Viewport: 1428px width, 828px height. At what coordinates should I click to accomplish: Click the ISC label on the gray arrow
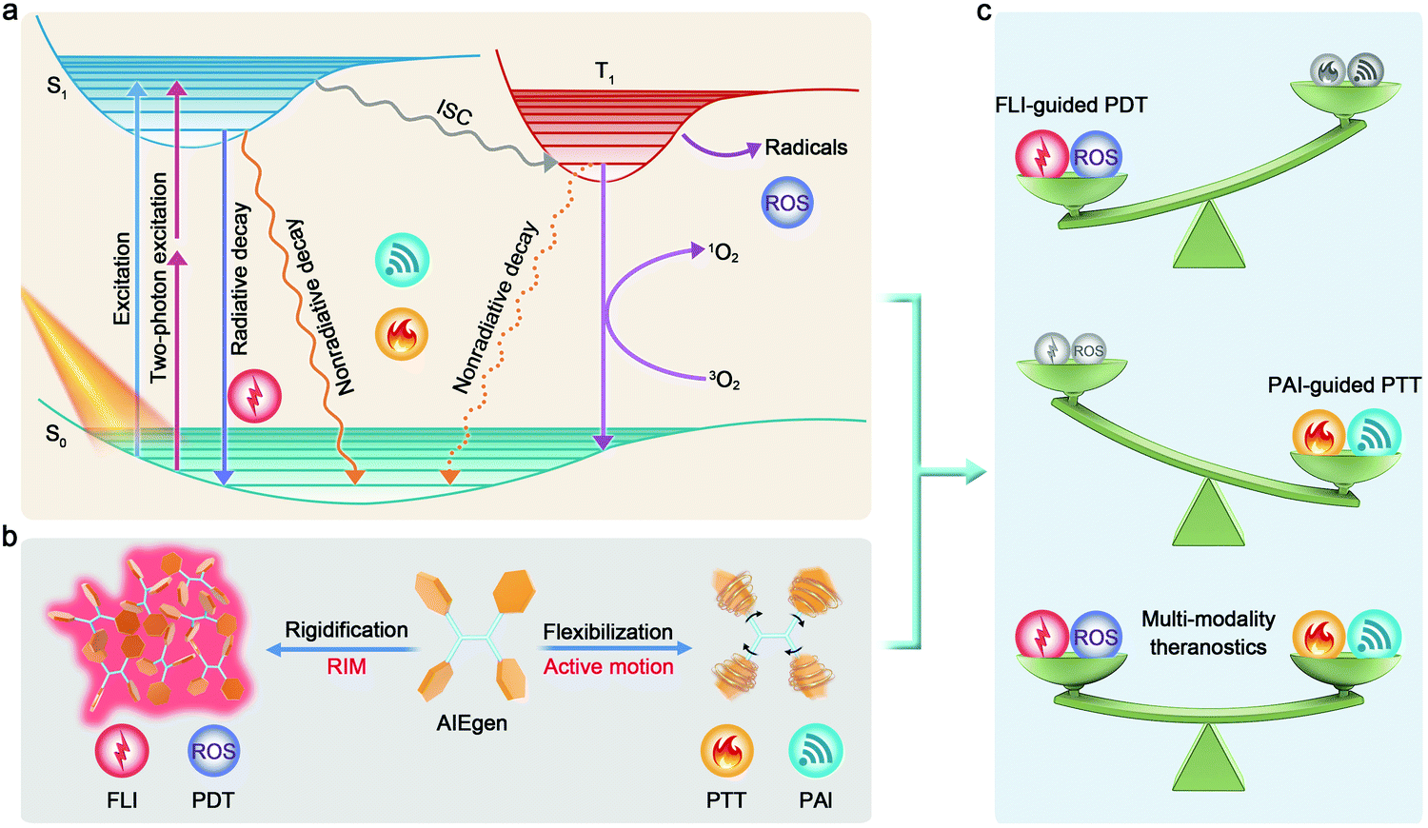pyautogui.click(x=455, y=112)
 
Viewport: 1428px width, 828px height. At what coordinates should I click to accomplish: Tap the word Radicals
pyautogui.click(x=805, y=148)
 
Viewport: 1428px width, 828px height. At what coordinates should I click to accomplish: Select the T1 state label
pyautogui.click(x=605, y=70)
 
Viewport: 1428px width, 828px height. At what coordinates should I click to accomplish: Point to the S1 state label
pyautogui.click(x=57, y=87)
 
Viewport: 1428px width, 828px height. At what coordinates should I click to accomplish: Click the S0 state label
pyautogui.click(x=57, y=436)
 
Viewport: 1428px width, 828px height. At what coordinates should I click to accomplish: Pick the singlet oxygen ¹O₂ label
pyautogui.click(x=724, y=253)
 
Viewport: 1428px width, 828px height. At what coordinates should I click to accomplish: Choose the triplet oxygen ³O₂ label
pyautogui.click(x=724, y=382)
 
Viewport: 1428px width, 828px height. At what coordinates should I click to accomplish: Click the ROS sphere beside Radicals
pyautogui.click(x=787, y=203)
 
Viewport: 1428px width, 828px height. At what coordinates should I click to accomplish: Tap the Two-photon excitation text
pyautogui.click(x=159, y=277)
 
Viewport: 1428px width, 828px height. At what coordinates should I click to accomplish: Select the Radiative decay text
pyautogui.click(x=240, y=279)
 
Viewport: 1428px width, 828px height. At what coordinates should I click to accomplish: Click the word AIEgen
pyautogui.click(x=472, y=723)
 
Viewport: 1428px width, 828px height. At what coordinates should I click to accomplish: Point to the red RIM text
pyautogui.click(x=347, y=666)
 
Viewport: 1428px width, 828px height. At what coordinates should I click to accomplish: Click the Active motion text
pyautogui.click(x=608, y=666)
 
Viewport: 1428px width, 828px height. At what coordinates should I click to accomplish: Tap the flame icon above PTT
pyautogui.click(x=726, y=751)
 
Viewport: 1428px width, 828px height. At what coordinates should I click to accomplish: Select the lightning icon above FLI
pyautogui.click(x=122, y=751)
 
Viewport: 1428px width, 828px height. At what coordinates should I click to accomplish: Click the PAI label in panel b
pyautogui.click(x=816, y=800)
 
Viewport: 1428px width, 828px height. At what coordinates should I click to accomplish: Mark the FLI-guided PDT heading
pyautogui.click(x=1071, y=106)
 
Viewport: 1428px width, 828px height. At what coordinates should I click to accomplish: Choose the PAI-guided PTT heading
pyautogui.click(x=1344, y=385)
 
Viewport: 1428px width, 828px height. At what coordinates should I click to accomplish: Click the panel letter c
pyautogui.click(x=984, y=12)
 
